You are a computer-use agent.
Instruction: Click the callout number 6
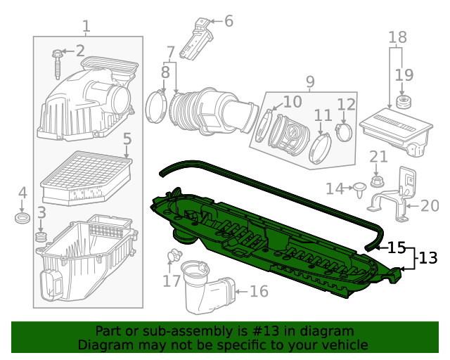tap(228, 21)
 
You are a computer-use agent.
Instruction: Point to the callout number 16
tap(259, 290)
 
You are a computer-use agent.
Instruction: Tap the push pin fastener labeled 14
tap(360, 188)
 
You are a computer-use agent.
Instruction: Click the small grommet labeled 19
tap(404, 102)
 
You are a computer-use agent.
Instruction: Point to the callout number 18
tap(397, 37)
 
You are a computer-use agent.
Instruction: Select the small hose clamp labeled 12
tap(345, 130)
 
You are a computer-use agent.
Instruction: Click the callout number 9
tap(310, 82)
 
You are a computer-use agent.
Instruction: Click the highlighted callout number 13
tap(428, 259)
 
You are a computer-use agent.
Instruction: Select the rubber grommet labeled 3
tap(41, 240)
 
